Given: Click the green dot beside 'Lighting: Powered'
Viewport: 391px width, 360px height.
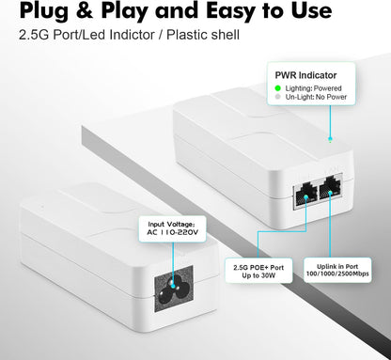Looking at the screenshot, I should (278, 87).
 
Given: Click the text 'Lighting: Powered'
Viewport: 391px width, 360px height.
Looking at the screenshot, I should (315, 87).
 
